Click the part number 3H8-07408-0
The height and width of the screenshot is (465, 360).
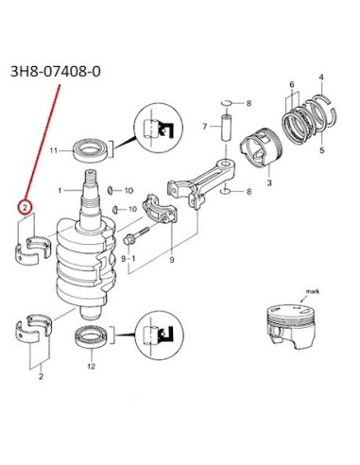(56, 72)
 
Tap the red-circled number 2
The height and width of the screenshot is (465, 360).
(25, 207)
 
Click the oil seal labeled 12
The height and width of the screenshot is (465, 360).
(93, 336)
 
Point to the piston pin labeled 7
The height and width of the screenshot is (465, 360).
(227, 128)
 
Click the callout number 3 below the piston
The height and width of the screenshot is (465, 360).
(269, 182)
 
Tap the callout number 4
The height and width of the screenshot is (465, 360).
(321, 77)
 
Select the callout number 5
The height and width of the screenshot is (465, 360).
(321, 150)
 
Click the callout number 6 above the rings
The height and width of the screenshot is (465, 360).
(292, 84)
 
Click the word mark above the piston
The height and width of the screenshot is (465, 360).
(313, 291)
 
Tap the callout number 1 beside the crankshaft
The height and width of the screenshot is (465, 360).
(60, 190)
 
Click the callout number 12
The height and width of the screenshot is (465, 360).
(91, 367)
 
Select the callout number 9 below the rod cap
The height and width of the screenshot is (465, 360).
(172, 260)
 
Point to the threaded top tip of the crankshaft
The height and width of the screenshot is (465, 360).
(90, 173)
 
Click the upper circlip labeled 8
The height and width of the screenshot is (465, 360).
(226, 103)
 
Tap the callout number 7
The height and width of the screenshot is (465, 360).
(205, 127)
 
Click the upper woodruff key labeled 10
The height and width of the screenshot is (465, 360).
(110, 190)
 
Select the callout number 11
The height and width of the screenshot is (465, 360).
(54, 150)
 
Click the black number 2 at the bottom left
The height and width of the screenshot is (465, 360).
(41, 376)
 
